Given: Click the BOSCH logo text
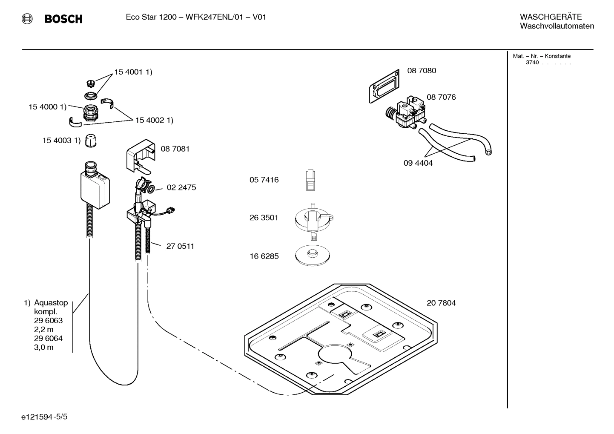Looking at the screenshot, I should point(63,19).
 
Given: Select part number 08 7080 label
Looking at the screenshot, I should point(422,71).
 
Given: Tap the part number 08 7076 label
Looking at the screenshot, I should point(441,97).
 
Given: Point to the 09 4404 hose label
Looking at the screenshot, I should point(418,163).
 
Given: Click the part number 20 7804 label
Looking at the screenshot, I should point(441,303).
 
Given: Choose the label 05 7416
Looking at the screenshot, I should point(264,180).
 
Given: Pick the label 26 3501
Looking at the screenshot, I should point(264,218).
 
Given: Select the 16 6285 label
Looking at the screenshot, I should point(264,256).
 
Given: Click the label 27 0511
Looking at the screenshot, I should point(180,246).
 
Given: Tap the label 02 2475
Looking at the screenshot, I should point(181,187).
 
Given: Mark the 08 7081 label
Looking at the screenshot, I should point(175,149).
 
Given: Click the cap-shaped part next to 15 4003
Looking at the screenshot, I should point(90,141).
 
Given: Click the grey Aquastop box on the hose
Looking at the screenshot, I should point(95,190).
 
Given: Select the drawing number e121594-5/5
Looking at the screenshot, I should point(44,417).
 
